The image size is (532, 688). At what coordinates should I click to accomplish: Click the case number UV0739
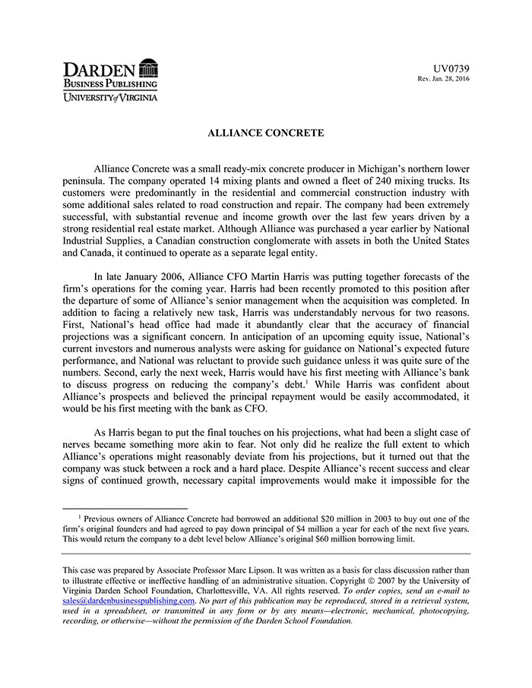tap(451, 68)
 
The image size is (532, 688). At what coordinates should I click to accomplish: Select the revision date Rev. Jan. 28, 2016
tap(444, 79)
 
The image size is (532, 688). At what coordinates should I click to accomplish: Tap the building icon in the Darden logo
tap(149, 69)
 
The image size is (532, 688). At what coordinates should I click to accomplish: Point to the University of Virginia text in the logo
tap(110, 97)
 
